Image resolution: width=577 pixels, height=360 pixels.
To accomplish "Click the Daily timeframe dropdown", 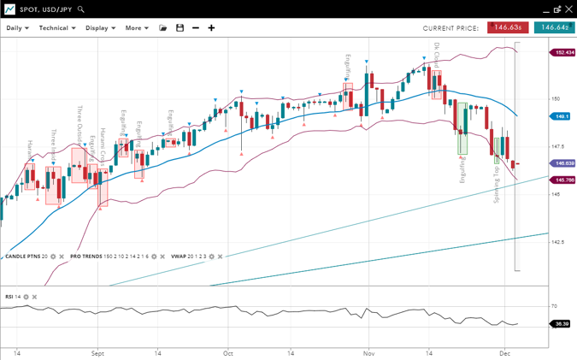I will click(17, 28).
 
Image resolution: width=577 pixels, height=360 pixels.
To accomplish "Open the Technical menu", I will click(57, 28).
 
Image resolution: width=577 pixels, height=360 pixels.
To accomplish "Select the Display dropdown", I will click(100, 28).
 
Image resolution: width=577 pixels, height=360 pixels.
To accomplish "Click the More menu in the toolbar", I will click(136, 28).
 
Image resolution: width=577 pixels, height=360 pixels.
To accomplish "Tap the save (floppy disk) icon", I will click(180, 28).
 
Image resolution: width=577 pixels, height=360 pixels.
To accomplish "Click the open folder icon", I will click(163, 28).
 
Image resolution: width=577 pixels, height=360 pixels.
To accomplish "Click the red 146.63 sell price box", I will click(508, 27).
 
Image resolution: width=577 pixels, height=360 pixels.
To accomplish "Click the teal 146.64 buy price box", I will click(554, 27).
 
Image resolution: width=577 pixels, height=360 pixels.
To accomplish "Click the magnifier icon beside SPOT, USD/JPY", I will click(81, 9).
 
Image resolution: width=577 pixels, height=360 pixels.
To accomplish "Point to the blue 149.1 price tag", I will click(562, 116).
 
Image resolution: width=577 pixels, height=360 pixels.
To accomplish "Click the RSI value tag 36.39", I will click(562, 324).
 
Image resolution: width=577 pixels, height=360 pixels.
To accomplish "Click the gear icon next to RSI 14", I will click(26, 297).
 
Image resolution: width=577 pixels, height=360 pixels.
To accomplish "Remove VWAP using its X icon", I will click(221, 257).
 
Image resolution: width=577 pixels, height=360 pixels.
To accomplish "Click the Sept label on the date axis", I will click(97, 352).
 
